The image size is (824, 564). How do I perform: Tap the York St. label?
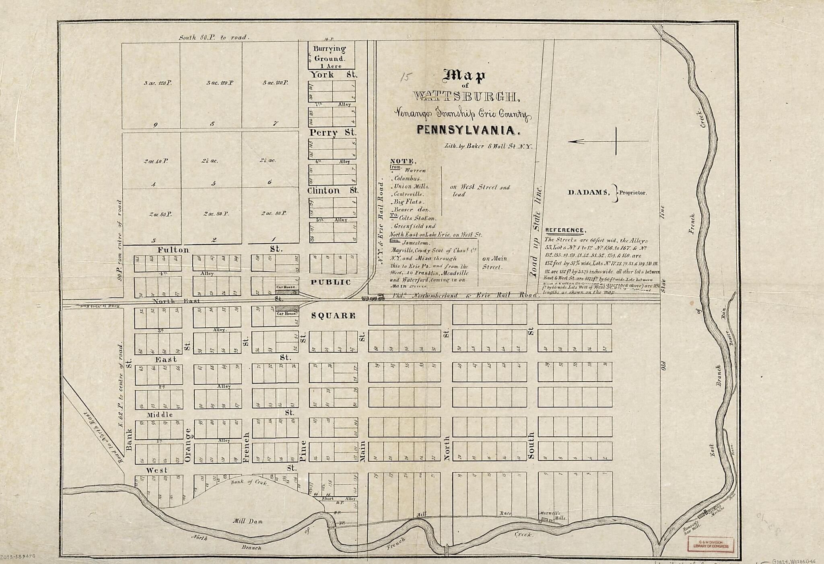pyautogui.click(x=333, y=75)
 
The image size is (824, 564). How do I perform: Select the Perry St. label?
pyautogui.click(x=332, y=132)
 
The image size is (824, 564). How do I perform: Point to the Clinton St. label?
pyautogui.click(x=332, y=190)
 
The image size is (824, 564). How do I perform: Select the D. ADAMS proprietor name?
pyautogui.click(x=587, y=192)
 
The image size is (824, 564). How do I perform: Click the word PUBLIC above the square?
pyautogui.click(x=331, y=282)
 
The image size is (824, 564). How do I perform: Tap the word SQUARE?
pyautogui.click(x=334, y=316)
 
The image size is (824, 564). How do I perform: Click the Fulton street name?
pyautogui.click(x=173, y=250)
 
